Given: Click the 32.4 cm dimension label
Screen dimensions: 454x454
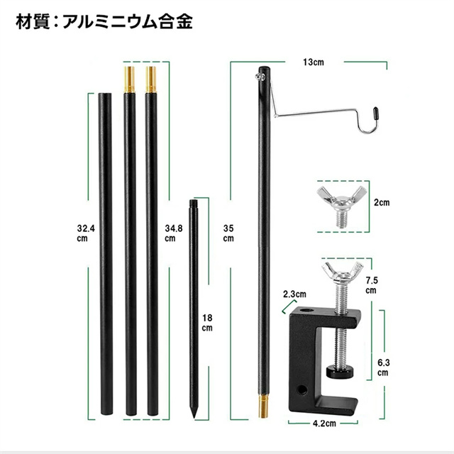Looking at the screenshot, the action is (x=86, y=233).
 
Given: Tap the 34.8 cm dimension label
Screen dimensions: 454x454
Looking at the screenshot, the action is (x=174, y=233).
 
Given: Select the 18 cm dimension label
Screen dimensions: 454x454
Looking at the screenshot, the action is (x=207, y=323).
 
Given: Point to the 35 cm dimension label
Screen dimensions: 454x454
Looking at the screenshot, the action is (x=228, y=233).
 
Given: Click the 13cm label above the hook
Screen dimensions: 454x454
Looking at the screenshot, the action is (x=314, y=62).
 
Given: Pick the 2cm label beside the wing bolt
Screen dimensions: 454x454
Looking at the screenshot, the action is (x=382, y=203).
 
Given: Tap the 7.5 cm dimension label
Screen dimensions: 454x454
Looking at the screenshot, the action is (x=372, y=285).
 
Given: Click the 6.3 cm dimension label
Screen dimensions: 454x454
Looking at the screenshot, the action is (x=383, y=367).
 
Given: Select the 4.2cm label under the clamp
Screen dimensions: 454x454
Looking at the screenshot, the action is (x=324, y=423).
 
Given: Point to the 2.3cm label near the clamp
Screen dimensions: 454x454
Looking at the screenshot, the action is (x=294, y=294).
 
